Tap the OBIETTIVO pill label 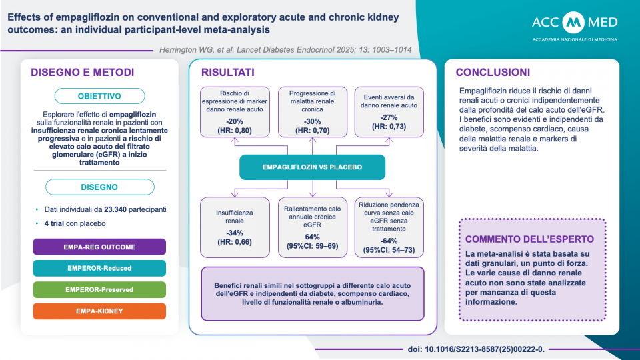99,96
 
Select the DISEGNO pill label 99,187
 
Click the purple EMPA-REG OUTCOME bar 99,247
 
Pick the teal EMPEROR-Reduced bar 99,268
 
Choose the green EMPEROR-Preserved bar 99,290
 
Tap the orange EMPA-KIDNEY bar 99,311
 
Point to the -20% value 235,121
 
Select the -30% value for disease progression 312,121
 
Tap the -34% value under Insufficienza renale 235,233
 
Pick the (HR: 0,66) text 235,243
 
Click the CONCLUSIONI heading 493,72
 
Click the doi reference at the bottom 475,349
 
